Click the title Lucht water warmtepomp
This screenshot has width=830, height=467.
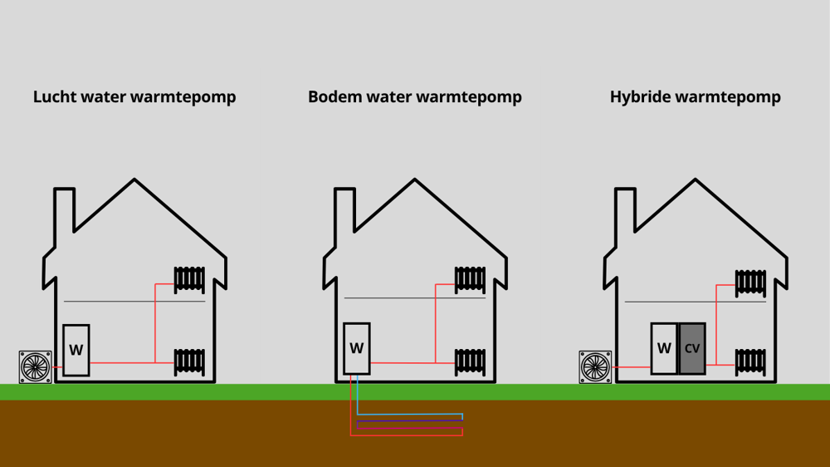[x=134, y=97]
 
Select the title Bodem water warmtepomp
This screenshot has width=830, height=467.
[x=414, y=97]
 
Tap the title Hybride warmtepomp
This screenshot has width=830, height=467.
[x=695, y=97]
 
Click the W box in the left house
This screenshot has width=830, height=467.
[x=76, y=350]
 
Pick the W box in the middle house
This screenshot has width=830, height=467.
[x=356, y=348]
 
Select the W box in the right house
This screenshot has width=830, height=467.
[x=664, y=348]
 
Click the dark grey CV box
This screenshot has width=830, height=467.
[x=692, y=349]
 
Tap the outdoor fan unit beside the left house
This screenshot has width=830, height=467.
[x=36, y=366]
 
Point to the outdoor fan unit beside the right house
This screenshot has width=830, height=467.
[x=595, y=366]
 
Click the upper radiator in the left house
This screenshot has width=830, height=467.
[x=189, y=279]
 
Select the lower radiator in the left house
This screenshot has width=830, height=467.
[x=189, y=361]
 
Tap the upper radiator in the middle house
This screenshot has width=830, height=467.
[x=470, y=279]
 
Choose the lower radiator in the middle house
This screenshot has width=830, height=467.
[x=470, y=361]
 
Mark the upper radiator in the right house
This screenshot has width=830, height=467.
[x=750, y=282]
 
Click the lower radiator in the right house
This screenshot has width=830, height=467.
[x=750, y=361]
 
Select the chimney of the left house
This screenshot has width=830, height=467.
[x=65, y=212]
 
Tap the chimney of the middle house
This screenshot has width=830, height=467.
[x=345, y=212]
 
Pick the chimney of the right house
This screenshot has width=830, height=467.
[x=626, y=212]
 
